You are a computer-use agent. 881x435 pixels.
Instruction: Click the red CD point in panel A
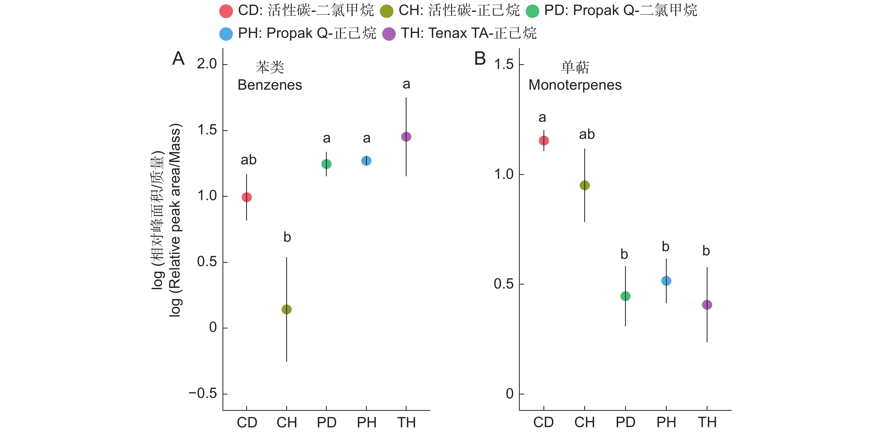click(x=247, y=197)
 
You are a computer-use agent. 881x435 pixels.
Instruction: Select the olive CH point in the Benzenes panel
click(x=286, y=309)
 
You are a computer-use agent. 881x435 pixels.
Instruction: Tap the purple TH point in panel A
click(x=406, y=137)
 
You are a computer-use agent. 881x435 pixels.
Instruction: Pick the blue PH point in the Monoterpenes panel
click(x=666, y=281)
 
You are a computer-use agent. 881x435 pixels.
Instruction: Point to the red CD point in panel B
click(x=544, y=140)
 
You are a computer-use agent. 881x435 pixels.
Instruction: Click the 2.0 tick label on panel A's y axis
click(x=207, y=64)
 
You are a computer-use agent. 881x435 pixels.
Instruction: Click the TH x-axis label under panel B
click(x=707, y=422)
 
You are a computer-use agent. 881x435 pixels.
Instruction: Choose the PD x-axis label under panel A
click(x=326, y=423)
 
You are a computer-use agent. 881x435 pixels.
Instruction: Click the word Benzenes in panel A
click(x=270, y=85)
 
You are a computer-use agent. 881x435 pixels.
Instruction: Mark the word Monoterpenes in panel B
click(x=575, y=85)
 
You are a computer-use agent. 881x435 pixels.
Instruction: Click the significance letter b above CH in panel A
click(x=287, y=237)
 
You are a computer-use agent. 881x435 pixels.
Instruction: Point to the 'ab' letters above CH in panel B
click(x=587, y=134)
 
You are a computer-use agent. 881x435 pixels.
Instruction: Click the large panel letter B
click(x=480, y=58)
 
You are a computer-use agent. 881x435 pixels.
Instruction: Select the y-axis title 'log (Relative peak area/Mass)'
click(x=175, y=220)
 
